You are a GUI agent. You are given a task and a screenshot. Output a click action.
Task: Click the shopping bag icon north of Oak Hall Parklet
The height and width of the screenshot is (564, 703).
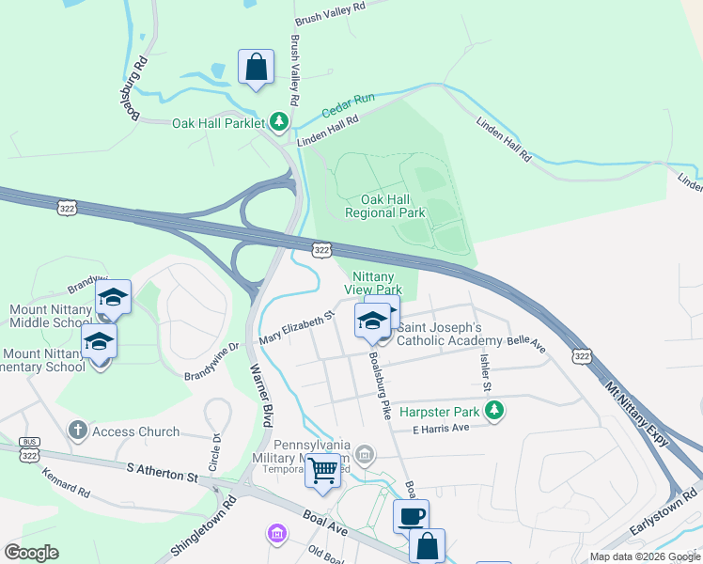click(x=256, y=68)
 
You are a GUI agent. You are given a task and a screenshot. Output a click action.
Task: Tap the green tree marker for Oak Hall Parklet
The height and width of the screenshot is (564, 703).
click(x=279, y=122)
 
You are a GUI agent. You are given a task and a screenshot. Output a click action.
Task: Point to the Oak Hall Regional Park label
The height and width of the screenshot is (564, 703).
click(x=384, y=206)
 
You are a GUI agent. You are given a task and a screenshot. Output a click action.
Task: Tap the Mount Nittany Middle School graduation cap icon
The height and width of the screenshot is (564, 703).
click(x=113, y=298)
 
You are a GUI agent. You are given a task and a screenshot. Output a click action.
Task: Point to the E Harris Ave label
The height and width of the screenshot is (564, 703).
click(x=441, y=428)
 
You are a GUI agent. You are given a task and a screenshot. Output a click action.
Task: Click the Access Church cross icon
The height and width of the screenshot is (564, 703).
click(x=78, y=431)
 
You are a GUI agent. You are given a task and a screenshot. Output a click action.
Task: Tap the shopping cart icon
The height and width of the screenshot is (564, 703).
click(x=323, y=468)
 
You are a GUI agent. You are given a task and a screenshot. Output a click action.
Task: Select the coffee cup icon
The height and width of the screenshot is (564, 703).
click(x=411, y=516)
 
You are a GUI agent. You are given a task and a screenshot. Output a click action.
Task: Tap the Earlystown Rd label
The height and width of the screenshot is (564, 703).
click(x=664, y=513)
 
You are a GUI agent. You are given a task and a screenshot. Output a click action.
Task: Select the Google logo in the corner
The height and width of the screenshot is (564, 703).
click(x=32, y=552)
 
